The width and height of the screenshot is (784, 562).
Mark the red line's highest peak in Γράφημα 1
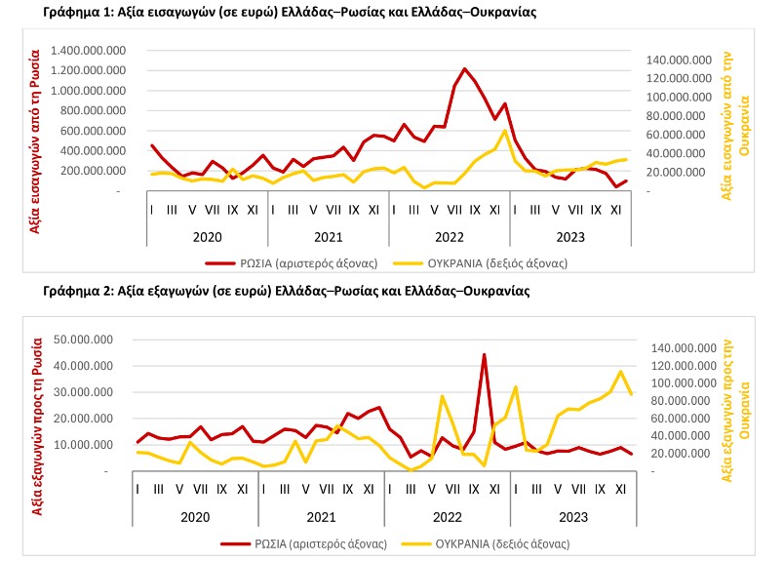point(464,69)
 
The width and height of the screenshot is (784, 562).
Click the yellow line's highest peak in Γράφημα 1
point(504,131)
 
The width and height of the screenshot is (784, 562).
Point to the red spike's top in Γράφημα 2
point(484,355)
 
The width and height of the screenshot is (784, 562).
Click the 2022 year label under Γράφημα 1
point(449,235)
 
